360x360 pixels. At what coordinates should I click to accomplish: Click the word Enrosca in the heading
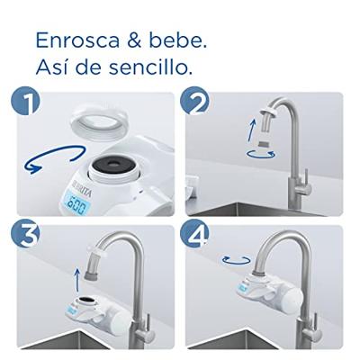click(77, 40)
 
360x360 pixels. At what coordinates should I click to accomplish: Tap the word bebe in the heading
click(175, 40)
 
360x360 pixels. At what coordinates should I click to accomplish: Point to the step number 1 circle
click(26, 101)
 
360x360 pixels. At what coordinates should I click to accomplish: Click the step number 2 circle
click(194, 101)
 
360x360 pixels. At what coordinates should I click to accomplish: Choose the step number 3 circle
click(26, 233)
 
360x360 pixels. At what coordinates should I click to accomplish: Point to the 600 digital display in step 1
click(78, 205)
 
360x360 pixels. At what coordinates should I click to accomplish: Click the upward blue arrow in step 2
click(253, 130)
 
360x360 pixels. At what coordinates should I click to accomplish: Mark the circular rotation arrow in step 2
click(260, 154)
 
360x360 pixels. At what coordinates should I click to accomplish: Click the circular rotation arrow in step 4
click(237, 260)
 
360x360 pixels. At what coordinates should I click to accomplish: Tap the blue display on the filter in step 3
click(72, 310)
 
